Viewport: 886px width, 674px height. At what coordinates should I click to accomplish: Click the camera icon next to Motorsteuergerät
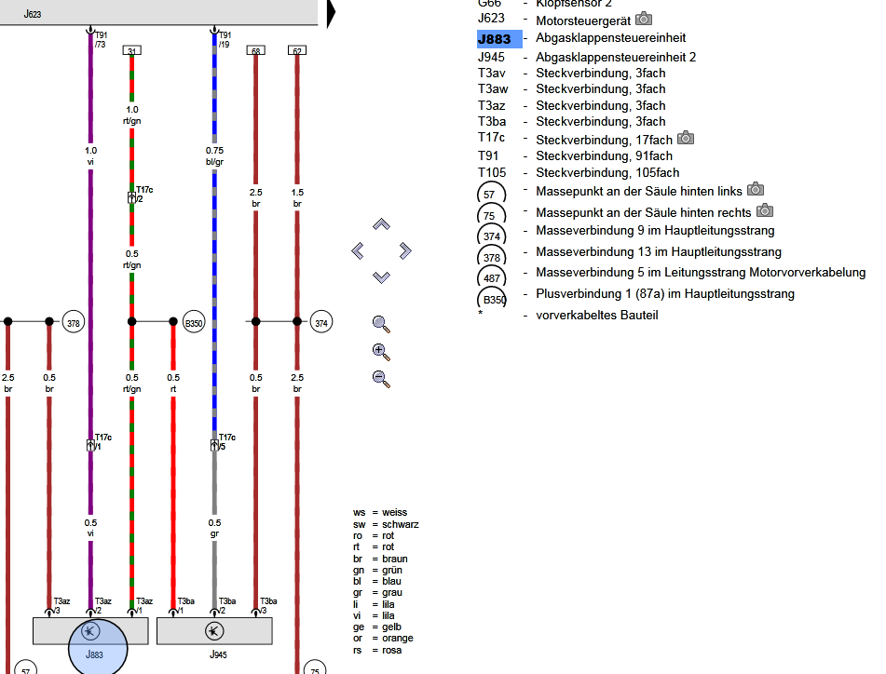(644, 19)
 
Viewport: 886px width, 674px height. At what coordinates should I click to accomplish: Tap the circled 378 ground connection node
(74, 323)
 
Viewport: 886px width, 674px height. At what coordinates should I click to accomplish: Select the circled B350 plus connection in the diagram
(193, 323)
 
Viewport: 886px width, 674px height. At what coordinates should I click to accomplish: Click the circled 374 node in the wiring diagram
(321, 323)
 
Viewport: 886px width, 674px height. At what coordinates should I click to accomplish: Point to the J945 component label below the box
(217, 655)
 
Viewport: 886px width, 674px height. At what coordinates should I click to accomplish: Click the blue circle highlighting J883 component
(98, 643)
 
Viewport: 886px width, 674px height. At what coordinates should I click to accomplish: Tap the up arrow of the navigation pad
(381, 224)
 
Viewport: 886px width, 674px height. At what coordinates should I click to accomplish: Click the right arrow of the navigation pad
(404, 250)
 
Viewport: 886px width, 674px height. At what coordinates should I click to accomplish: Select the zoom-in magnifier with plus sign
(380, 352)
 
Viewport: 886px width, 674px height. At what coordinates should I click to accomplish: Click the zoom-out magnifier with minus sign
(380, 379)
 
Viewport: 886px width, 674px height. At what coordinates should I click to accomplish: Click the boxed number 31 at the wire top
(131, 51)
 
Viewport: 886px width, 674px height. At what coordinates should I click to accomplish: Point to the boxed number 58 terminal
(255, 51)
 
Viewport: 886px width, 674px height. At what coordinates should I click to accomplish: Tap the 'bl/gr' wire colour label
(214, 162)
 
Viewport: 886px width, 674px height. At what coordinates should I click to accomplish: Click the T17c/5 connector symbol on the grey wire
(214, 445)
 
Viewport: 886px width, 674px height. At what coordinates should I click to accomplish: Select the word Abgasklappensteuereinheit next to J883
(610, 39)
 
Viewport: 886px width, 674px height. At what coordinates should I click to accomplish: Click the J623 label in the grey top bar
(32, 15)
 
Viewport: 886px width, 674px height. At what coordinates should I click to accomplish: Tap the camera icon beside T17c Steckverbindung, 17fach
(686, 138)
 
